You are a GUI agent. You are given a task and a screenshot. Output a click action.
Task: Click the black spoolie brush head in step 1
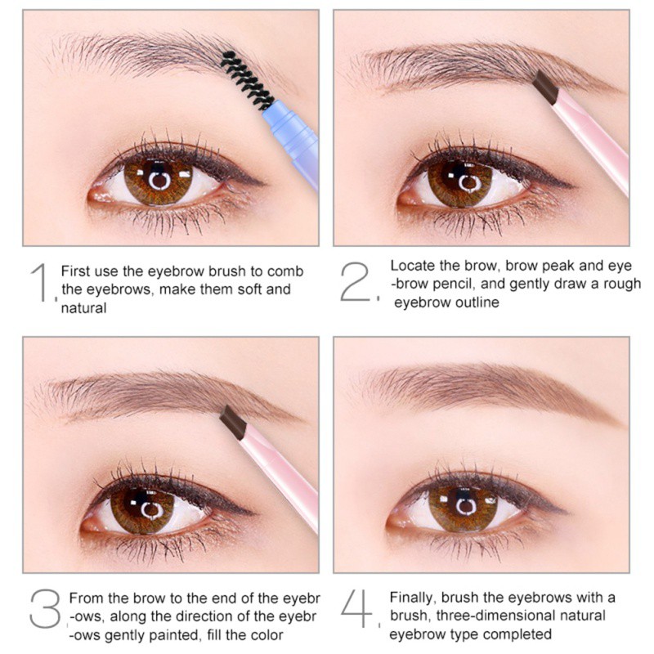click(x=246, y=79)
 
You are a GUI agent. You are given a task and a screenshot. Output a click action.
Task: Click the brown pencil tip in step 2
click(x=544, y=87)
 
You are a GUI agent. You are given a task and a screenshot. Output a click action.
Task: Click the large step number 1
click(x=40, y=282)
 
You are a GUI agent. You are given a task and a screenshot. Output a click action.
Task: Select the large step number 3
click(x=45, y=608)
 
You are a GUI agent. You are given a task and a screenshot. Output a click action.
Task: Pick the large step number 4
click(x=356, y=608)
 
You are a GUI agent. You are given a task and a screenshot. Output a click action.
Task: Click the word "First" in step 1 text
click(x=76, y=271)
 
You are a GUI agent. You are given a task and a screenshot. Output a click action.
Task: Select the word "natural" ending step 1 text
click(x=84, y=308)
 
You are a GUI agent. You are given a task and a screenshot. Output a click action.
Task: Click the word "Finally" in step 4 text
click(x=413, y=598)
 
